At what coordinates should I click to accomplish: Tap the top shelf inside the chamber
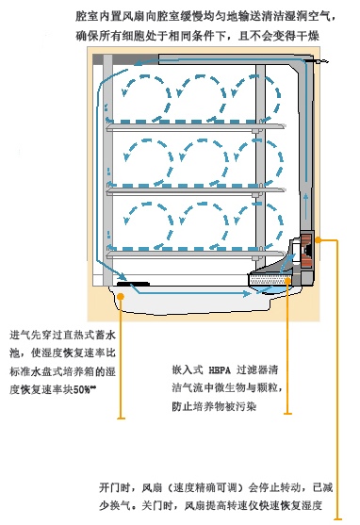(202, 130)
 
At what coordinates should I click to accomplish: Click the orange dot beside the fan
(320, 240)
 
